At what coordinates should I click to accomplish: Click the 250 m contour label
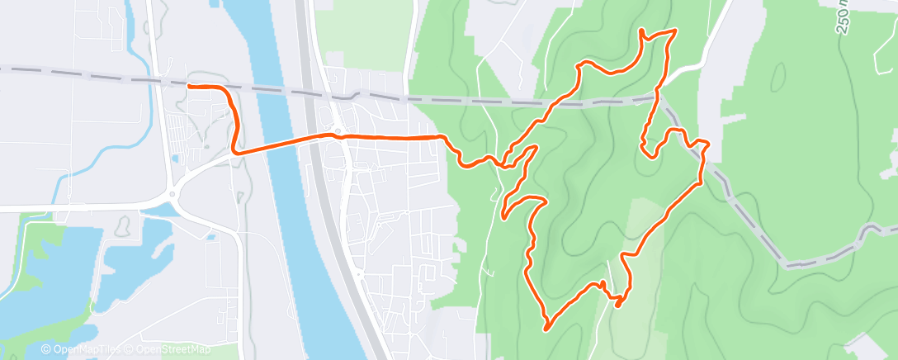click(844, 17)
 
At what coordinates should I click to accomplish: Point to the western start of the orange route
click(190, 86)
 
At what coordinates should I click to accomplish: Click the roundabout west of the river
click(172, 196)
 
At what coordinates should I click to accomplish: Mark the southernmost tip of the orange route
click(546, 329)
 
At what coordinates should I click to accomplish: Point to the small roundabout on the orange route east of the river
click(338, 135)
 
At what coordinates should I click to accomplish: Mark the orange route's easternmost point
click(708, 145)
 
